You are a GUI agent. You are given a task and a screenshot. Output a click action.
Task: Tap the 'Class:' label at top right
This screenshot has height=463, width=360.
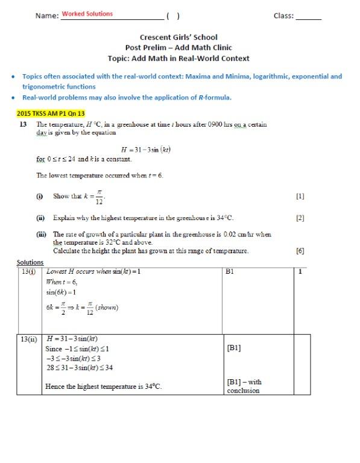pos(283,16)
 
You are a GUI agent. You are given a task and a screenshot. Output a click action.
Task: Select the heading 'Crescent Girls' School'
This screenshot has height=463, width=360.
pos(178,37)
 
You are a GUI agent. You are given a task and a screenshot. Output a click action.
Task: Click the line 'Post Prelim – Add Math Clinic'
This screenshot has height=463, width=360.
pos(178,48)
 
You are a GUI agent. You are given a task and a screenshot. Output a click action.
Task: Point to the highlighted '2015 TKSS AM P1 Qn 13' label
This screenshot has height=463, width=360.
pos(51,113)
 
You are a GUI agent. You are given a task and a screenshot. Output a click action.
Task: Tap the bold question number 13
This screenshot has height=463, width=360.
pos(24,125)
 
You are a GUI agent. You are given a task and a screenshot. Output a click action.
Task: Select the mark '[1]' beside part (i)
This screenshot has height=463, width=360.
pos(300,197)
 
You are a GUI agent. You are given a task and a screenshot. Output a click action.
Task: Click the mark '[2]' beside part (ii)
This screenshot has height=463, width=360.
pos(300,218)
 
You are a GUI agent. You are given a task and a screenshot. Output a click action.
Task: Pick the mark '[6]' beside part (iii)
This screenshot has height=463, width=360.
pos(300,251)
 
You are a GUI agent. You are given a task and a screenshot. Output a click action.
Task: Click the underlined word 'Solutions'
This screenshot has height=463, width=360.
pos(30,262)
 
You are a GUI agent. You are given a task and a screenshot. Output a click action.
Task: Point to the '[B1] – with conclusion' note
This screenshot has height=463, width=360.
pos(244,386)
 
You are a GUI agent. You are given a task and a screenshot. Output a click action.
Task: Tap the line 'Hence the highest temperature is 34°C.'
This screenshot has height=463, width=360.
pos(104,386)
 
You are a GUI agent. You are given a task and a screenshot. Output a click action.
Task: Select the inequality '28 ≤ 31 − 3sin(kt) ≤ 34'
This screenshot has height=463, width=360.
pos(80,367)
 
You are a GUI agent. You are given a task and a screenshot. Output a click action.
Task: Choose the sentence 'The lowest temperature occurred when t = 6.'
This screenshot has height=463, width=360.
pos(99,176)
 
